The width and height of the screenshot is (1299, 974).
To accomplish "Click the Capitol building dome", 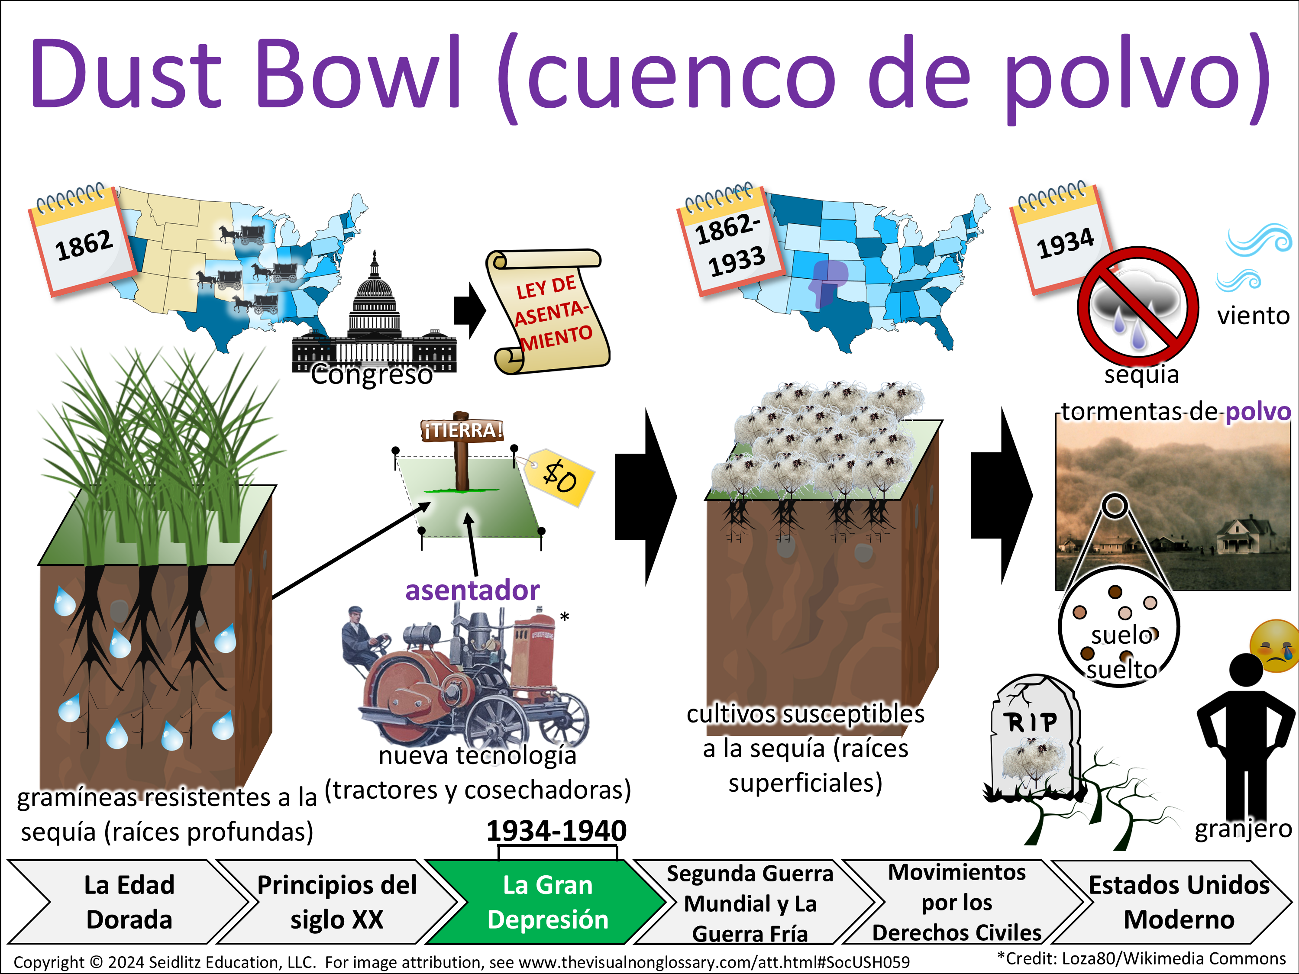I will pyautogui.click(x=375, y=288).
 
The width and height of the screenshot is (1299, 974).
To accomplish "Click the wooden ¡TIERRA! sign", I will pyautogui.click(x=462, y=430).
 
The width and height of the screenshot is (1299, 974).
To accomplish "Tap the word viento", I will pyautogui.click(x=1253, y=316).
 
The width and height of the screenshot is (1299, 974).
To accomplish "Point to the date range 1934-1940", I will pyautogui.click(x=556, y=831).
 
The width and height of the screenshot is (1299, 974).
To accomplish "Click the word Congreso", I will pyautogui.click(x=371, y=374).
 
